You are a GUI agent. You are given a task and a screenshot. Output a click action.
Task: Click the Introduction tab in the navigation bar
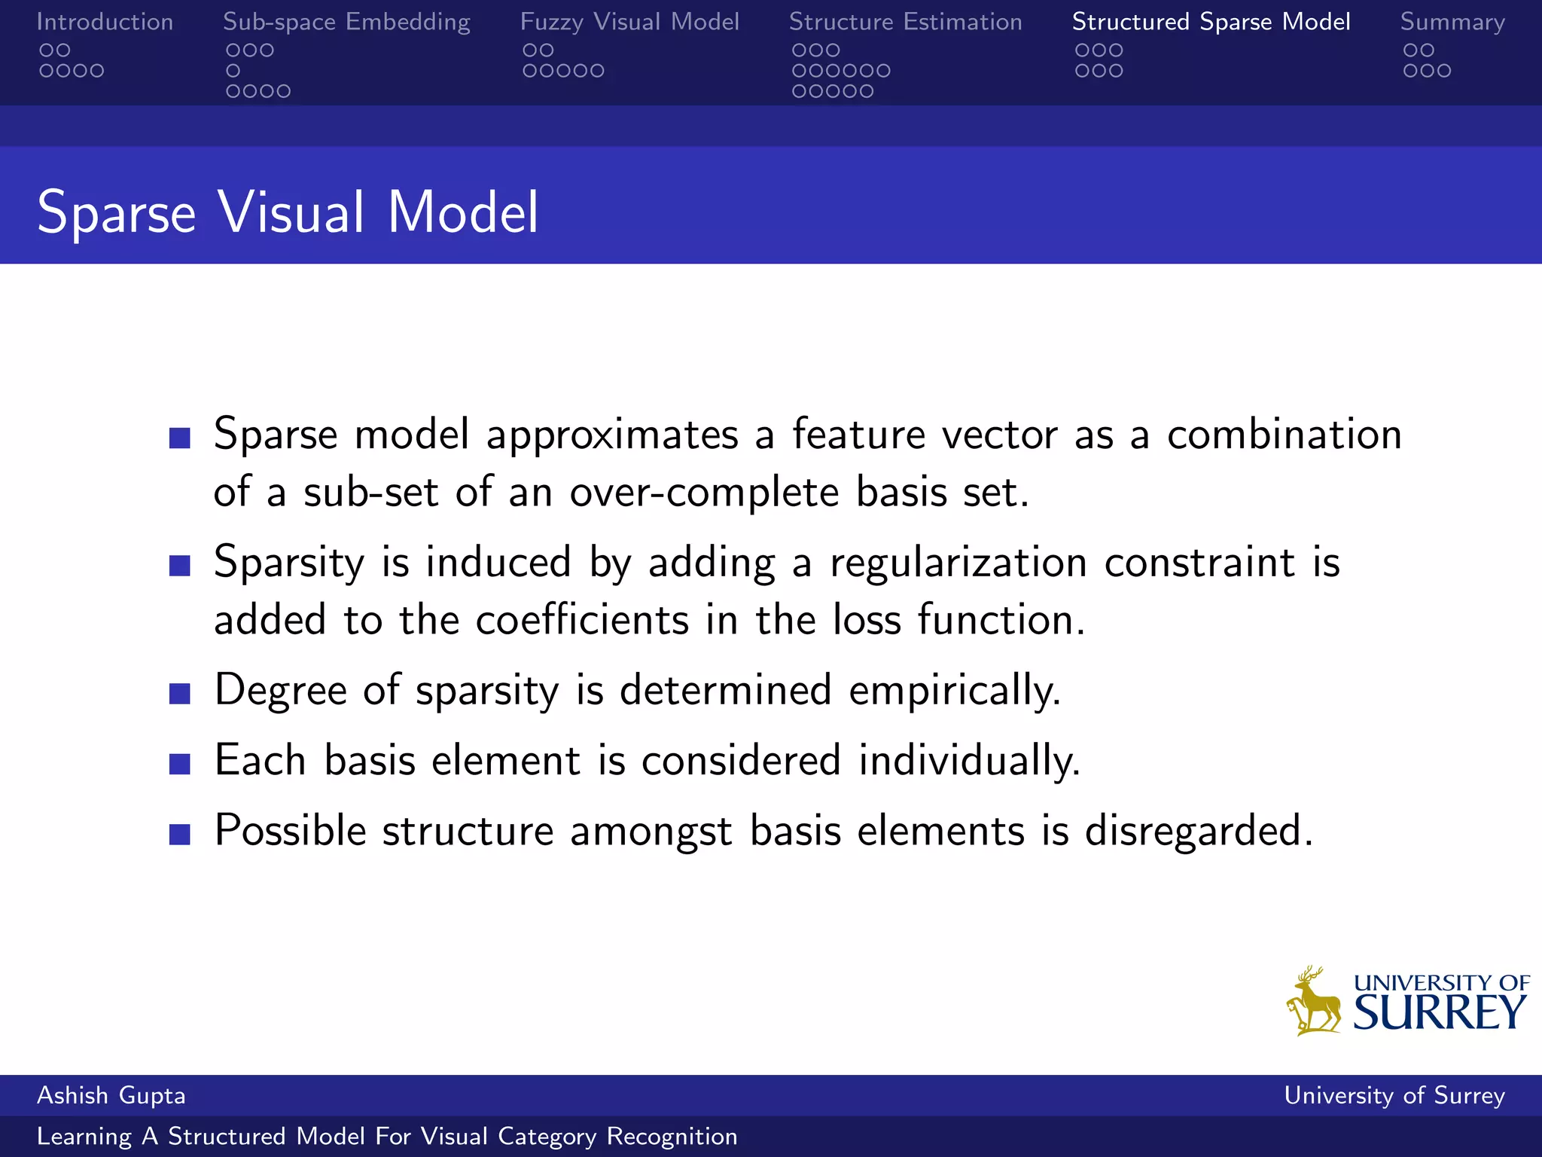(105, 22)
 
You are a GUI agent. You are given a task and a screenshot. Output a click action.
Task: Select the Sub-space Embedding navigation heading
(346, 22)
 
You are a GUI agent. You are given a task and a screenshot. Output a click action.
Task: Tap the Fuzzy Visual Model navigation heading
(629, 22)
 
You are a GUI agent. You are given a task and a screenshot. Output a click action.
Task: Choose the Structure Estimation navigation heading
(905, 22)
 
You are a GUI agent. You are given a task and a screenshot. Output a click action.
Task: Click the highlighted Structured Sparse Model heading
(1211, 22)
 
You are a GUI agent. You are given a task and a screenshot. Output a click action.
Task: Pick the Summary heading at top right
(1452, 23)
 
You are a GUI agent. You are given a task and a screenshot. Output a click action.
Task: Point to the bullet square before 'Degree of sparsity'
(180, 693)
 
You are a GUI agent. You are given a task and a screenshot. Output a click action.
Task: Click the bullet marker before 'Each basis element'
(180, 764)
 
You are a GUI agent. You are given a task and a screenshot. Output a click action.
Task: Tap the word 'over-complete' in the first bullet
(704, 493)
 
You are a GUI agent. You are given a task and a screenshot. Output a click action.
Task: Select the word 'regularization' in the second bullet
(958, 563)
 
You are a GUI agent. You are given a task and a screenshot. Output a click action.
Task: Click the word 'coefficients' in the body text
(582, 620)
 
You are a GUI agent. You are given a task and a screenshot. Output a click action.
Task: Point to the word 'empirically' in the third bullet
(953, 690)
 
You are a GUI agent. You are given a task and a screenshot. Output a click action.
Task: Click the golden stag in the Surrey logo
(1315, 1002)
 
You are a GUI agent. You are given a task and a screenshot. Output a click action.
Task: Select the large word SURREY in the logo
(1440, 1012)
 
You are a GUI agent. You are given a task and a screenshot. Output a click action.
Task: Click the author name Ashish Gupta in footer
(111, 1095)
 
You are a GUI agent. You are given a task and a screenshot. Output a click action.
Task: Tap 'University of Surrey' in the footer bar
(1394, 1095)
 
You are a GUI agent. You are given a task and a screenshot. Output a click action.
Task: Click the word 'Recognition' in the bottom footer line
(672, 1136)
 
